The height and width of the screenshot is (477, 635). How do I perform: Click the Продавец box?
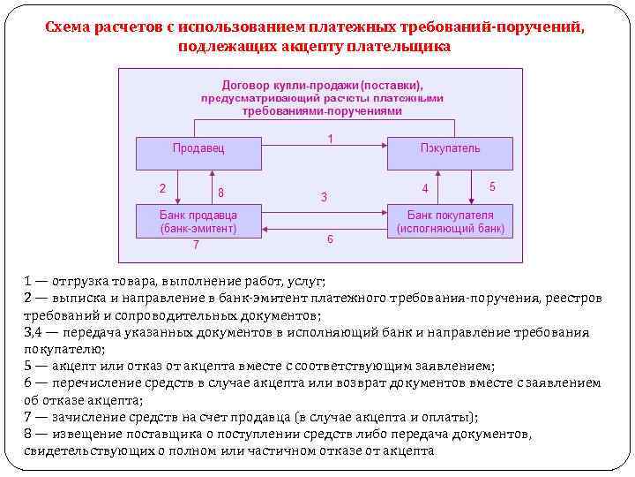coord(198,152)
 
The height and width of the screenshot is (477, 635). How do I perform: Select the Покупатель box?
coord(450,152)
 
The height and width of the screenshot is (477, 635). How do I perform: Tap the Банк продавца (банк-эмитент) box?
coord(198,221)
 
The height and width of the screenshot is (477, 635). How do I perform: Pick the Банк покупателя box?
coord(450,221)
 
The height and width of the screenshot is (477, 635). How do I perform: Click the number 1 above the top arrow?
coord(330,139)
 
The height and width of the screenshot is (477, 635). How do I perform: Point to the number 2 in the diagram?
coord(161,187)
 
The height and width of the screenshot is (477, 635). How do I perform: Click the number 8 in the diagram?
coord(220,193)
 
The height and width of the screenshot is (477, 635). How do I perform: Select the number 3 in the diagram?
coord(324,197)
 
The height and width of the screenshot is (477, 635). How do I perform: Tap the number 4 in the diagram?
coord(425,189)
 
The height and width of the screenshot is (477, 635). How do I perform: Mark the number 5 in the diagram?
coord(492,186)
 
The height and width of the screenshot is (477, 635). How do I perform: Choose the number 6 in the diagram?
coord(330,239)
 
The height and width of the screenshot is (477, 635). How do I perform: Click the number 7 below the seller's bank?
coord(196,245)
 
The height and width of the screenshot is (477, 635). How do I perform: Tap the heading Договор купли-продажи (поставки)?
coord(323,86)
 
